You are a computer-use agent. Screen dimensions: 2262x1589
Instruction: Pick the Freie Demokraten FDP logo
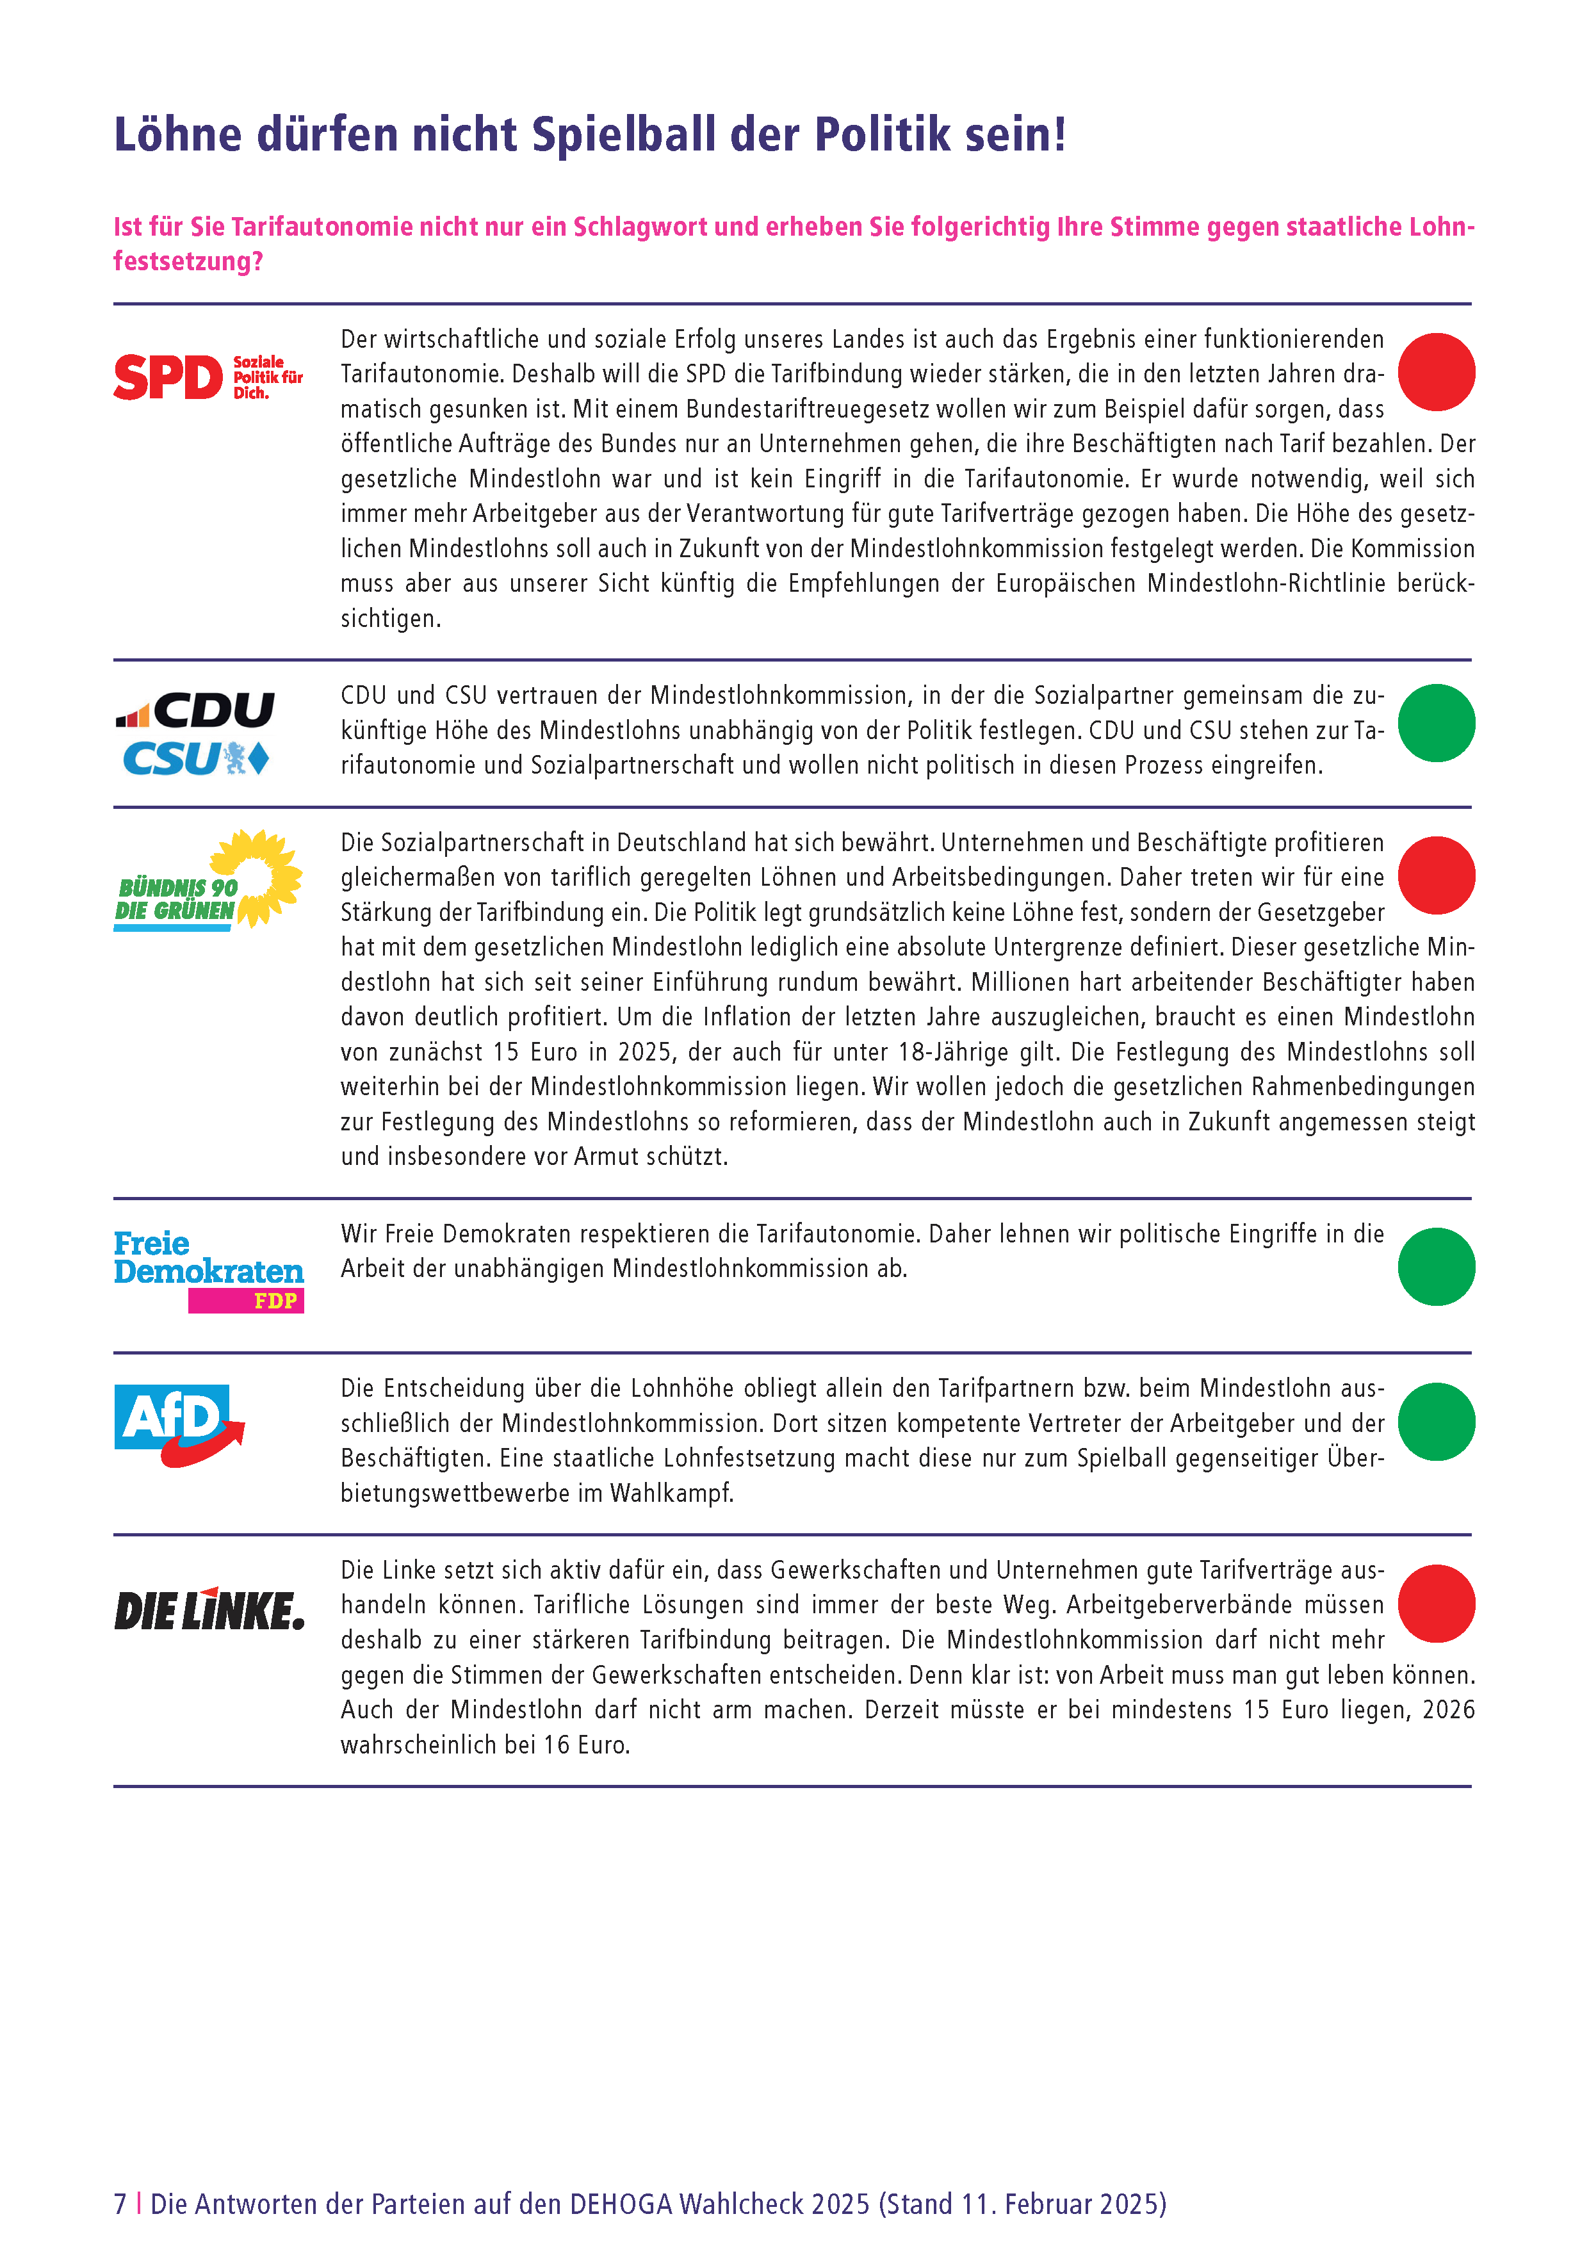click(x=208, y=1271)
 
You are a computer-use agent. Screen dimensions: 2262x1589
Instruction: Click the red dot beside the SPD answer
click(x=1435, y=372)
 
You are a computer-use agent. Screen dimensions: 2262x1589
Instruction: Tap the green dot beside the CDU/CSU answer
click(x=1435, y=723)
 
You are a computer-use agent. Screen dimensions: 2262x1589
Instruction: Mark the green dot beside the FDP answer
click(x=1435, y=1267)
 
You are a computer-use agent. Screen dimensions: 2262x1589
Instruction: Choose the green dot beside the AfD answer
click(x=1435, y=1422)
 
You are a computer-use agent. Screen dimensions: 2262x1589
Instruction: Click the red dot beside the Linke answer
click(x=1435, y=1604)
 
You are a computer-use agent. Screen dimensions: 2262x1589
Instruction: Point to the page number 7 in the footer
click(x=120, y=2204)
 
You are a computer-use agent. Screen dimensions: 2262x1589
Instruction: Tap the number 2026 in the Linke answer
click(x=1448, y=1711)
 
